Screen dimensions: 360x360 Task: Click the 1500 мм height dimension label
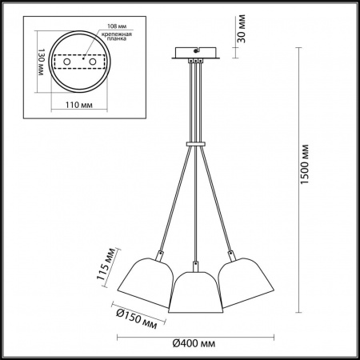coord(305,164)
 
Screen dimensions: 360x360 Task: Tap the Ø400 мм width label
coord(194,343)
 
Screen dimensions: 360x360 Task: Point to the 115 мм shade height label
coord(106,264)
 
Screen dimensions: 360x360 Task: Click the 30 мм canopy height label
coord(242,29)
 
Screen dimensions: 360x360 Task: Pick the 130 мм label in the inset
coord(40,62)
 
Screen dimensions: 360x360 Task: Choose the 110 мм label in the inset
coord(79,105)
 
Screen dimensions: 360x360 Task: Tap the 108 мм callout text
coord(117,26)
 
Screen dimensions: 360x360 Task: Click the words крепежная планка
coord(117,36)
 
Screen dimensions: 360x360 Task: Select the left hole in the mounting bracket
coord(66,62)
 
